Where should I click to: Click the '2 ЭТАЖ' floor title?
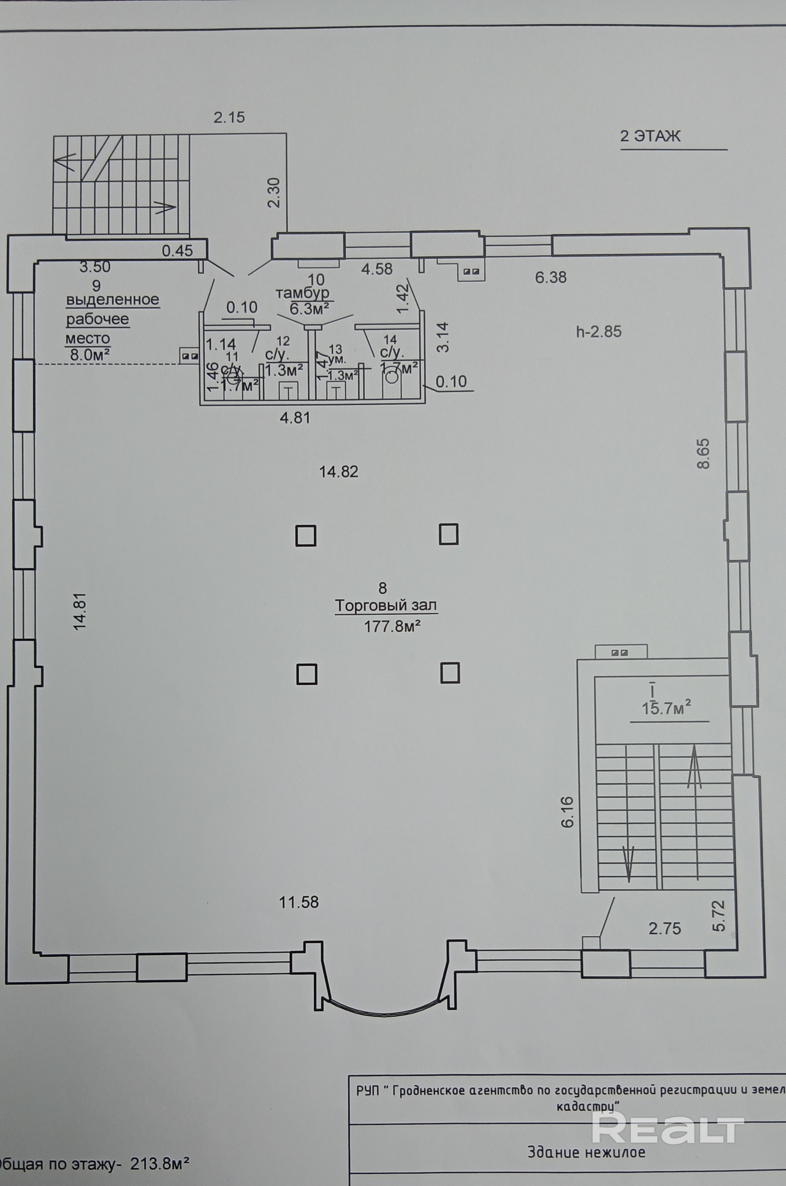tap(650, 136)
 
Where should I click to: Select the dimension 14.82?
tap(339, 472)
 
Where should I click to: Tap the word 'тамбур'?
tap(302, 293)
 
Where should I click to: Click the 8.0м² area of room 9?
tap(90, 355)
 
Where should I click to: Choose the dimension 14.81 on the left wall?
tap(81, 611)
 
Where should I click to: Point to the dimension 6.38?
tap(551, 277)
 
